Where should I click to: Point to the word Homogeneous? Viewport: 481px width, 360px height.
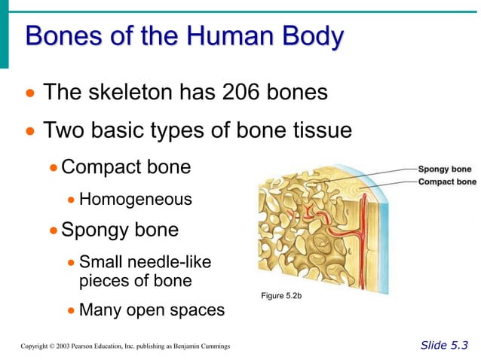pyautogui.click(x=135, y=200)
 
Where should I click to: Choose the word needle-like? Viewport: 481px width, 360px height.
pyautogui.click(x=175, y=262)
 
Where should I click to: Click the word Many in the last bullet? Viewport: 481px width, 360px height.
pyautogui.click(x=102, y=310)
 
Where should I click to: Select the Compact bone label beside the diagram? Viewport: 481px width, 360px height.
pyautogui.click(x=446, y=182)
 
